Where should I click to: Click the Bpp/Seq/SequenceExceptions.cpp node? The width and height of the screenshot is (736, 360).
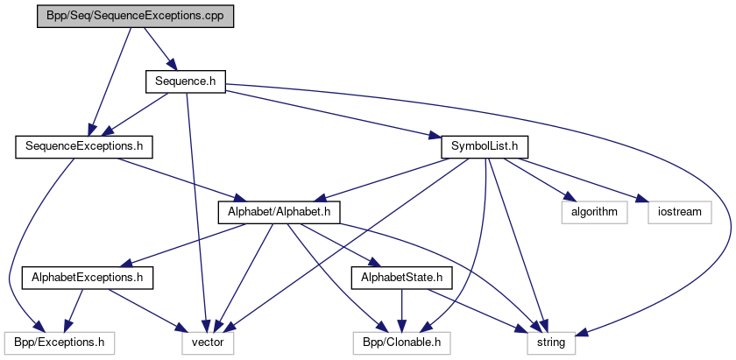coord(136,17)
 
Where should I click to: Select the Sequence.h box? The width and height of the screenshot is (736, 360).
coord(186,81)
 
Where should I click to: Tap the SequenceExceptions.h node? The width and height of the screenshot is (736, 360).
coord(84,146)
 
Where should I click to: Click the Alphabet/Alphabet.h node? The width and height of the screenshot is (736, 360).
coord(279,212)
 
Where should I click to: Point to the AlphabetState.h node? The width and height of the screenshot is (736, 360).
coord(402,278)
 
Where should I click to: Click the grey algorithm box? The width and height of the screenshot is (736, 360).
coord(595,212)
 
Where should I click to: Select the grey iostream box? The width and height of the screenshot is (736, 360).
coord(681,212)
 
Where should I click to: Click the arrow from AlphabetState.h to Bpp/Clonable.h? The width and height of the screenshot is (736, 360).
coord(402,311)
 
